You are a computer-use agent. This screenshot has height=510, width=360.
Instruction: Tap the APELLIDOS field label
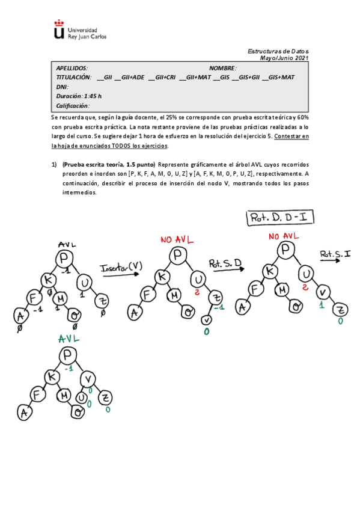72,69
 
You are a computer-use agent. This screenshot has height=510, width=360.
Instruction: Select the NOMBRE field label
223,69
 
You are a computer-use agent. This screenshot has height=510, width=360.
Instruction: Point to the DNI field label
62,87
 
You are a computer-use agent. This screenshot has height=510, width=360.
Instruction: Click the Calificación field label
72,105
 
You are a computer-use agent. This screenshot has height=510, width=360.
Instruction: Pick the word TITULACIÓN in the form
73,78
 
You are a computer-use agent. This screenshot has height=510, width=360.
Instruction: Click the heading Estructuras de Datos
278,52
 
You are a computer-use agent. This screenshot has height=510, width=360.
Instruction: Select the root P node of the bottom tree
66,356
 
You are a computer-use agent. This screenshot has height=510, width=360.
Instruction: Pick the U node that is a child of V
81,398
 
